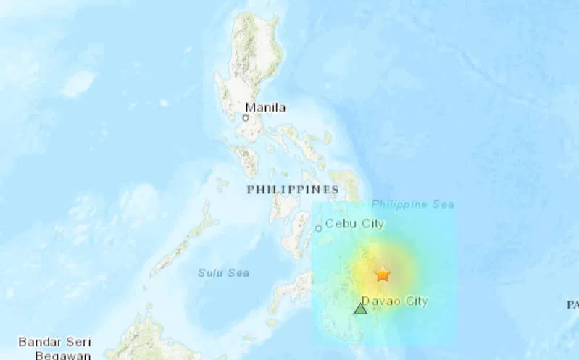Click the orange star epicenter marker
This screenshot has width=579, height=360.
pos(383,274)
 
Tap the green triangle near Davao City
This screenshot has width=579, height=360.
pos(360,309)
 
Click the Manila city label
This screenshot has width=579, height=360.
pos(265,108)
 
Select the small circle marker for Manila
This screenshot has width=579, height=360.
pos(246,117)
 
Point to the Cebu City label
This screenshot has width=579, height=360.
pos(354,224)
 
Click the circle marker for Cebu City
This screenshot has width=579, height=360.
pos(318,228)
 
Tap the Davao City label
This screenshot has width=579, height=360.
pos(395,301)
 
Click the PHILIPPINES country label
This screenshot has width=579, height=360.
pos(293,190)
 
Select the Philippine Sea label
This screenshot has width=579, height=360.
pos(413,204)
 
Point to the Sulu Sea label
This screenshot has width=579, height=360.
pos(224,272)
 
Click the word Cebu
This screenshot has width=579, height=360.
pos(340,224)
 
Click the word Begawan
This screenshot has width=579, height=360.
pos(64,355)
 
